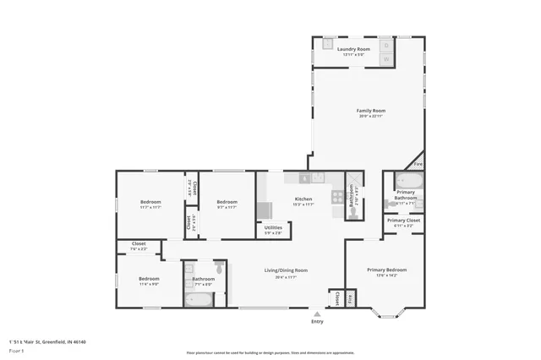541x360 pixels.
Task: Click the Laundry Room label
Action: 353,50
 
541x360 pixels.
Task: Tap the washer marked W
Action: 385,59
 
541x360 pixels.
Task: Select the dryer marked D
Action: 385,45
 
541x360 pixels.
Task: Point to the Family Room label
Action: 370,111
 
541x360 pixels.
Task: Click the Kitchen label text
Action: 303,199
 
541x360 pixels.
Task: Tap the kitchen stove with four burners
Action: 336,197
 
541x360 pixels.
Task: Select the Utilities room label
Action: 273,228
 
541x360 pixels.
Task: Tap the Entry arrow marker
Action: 317,314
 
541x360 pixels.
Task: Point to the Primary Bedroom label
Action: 385,270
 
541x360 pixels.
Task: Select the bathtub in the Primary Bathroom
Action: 409,181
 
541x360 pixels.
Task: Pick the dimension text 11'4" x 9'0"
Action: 149,283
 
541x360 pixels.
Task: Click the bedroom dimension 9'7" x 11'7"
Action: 227,206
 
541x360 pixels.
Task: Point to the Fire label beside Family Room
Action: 418,164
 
